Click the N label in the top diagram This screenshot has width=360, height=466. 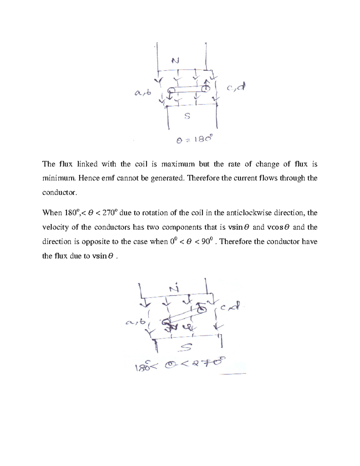(x=175, y=61)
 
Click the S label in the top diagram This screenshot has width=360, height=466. (x=187, y=116)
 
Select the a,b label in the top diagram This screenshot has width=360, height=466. (x=143, y=93)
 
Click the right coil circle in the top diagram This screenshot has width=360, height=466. (x=205, y=89)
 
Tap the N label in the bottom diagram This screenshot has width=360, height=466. (x=174, y=288)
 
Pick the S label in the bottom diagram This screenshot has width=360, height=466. (x=185, y=347)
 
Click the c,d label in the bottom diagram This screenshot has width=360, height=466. (x=230, y=307)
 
